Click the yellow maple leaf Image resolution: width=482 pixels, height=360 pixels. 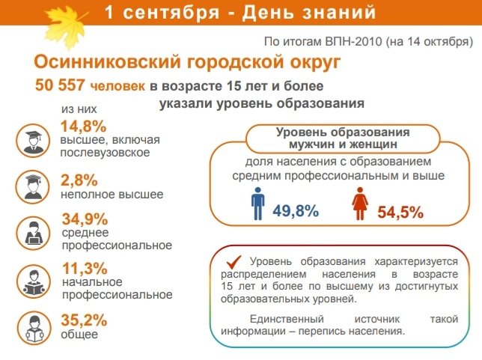tap(64, 26)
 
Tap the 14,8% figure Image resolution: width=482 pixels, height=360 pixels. tap(83, 126)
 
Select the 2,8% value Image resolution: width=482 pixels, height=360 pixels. tap(79, 180)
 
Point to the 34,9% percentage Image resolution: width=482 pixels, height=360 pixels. tap(85, 219)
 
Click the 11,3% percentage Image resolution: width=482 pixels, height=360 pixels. tap(85, 269)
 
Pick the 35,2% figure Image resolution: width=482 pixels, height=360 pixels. tap(84, 320)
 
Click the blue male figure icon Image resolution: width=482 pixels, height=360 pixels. tap(258, 204)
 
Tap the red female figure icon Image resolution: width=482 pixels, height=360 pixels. tap(360, 204)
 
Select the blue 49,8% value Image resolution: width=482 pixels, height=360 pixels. tap(296, 211)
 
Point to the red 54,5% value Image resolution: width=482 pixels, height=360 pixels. tap(400, 212)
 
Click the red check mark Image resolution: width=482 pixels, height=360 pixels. tap(234, 263)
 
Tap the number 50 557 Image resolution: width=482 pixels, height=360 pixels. tap(59, 85)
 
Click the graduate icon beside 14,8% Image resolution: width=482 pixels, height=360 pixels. tap(33, 141)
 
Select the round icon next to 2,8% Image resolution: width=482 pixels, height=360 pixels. tap(33, 186)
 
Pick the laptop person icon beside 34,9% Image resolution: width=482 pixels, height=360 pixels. tap(33, 233)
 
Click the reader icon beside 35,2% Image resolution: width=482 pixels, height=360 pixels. tap(34, 328)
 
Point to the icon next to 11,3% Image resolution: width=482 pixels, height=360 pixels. tap(33, 281)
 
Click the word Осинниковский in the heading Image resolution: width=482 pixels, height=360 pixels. tap(107, 62)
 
